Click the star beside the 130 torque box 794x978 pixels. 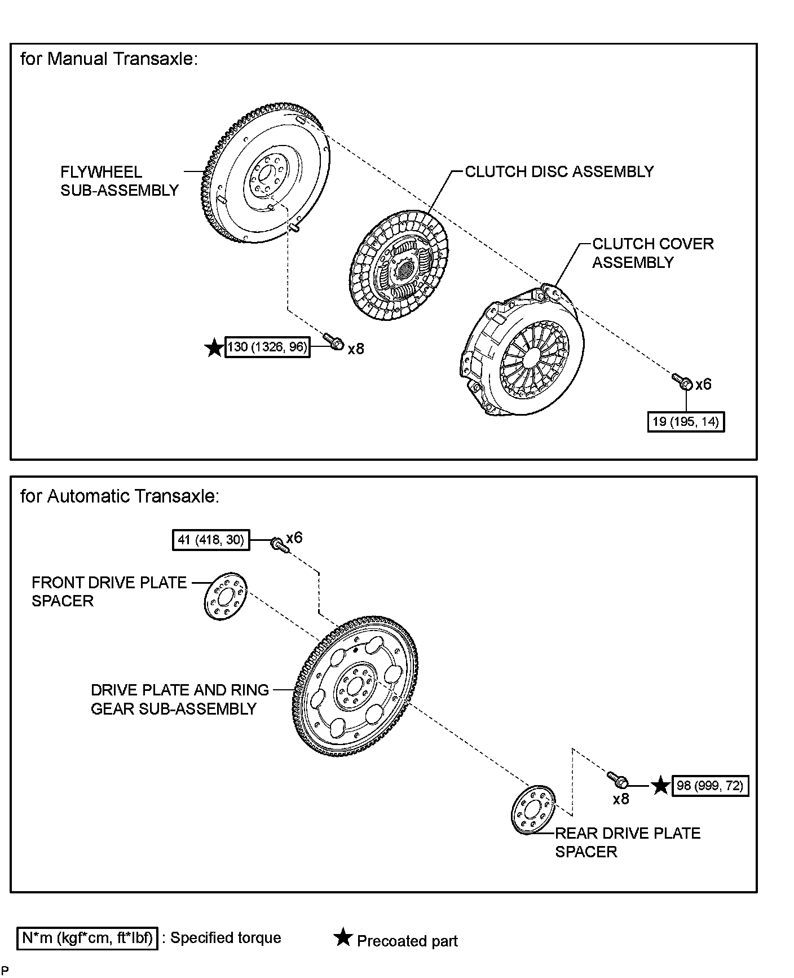(x=214, y=347)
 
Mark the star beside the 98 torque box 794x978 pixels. (x=660, y=786)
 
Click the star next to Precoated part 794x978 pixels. (x=342, y=938)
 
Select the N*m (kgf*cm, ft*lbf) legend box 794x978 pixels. (x=87, y=938)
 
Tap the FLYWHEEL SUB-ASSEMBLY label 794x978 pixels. (x=119, y=181)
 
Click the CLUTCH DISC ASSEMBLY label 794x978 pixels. (x=559, y=171)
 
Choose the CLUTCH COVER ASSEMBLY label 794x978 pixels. (x=652, y=253)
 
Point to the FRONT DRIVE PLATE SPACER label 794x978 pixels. (x=109, y=591)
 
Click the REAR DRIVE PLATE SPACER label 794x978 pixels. (x=627, y=842)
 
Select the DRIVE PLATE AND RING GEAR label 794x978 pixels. (x=179, y=699)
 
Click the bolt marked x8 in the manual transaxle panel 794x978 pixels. (x=333, y=341)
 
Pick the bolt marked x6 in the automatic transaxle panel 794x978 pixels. (x=279, y=545)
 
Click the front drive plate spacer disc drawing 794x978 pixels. (x=224, y=597)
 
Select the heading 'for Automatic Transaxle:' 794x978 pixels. (x=120, y=496)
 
